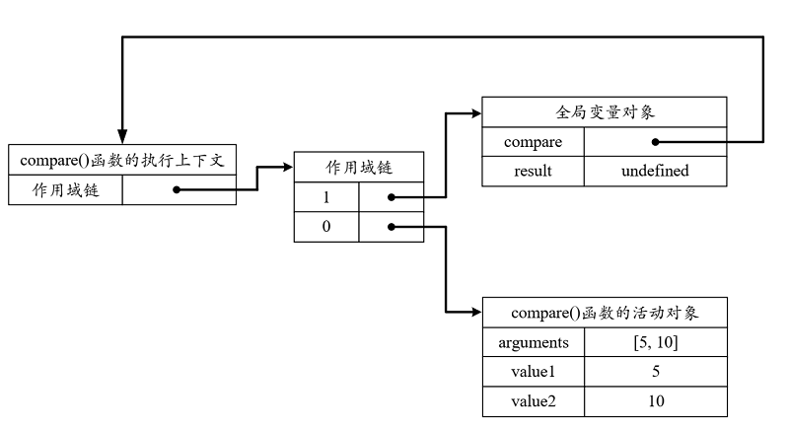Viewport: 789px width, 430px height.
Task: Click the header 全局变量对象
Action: click(605, 112)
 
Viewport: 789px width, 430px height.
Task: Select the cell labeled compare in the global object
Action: click(533, 142)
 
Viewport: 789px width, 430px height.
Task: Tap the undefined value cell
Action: click(655, 171)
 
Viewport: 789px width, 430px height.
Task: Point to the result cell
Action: click(533, 171)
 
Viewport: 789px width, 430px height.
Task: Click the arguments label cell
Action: click(534, 342)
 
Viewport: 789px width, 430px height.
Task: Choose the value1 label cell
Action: click(534, 372)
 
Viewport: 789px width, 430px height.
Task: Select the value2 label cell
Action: click(534, 401)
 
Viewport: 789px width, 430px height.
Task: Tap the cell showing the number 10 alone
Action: click(656, 401)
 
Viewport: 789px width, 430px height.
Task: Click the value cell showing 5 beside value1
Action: click(656, 372)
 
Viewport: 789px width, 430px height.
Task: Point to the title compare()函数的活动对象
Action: click(605, 313)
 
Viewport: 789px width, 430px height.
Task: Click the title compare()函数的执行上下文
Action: click(122, 160)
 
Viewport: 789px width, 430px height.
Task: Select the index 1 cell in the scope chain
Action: click(326, 197)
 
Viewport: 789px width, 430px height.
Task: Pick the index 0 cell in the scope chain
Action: click(326, 227)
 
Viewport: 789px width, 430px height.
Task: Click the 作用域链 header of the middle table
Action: click(359, 167)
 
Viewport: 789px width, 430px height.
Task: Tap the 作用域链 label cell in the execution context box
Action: click(65, 190)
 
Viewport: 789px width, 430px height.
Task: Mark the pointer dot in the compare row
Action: click(655, 142)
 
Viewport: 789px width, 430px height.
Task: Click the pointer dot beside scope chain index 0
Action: click(391, 227)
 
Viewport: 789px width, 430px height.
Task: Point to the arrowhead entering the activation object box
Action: click(476, 313)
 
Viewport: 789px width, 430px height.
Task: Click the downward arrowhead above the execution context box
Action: click(122, 136)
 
